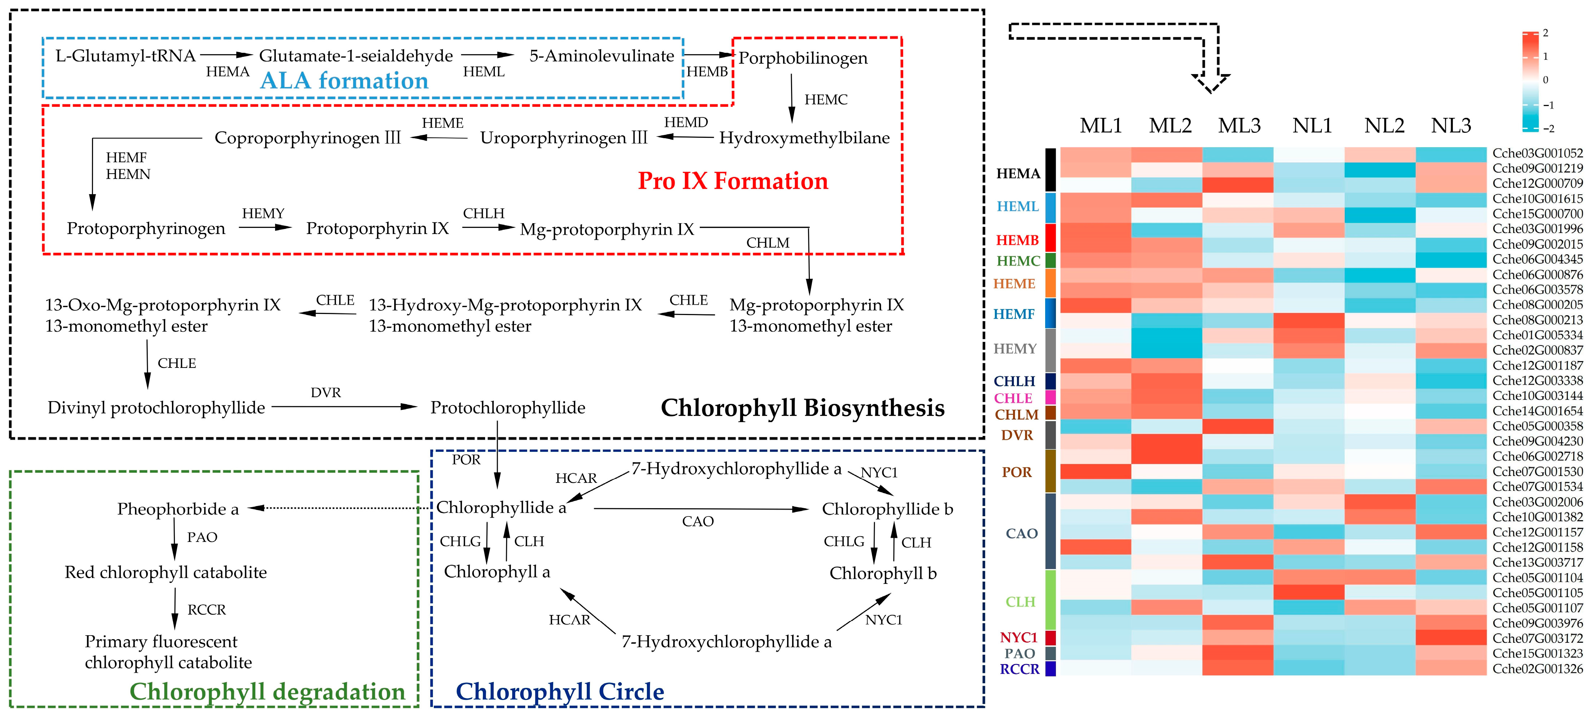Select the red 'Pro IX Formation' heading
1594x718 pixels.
733,180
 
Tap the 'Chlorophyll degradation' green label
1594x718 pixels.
267,691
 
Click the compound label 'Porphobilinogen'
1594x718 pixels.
803,58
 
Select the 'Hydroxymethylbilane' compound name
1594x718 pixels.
804,137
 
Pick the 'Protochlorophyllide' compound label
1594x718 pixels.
508,408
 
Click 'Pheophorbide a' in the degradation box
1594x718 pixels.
178,509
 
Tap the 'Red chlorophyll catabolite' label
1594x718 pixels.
166,572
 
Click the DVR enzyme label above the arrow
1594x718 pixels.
325,393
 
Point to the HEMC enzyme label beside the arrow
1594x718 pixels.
825,99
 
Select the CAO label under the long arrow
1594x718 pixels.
698,521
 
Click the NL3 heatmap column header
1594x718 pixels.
1450,126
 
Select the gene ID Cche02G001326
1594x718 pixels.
1537,668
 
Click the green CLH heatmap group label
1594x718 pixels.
1020,602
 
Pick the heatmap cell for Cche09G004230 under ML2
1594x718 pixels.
1166,441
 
